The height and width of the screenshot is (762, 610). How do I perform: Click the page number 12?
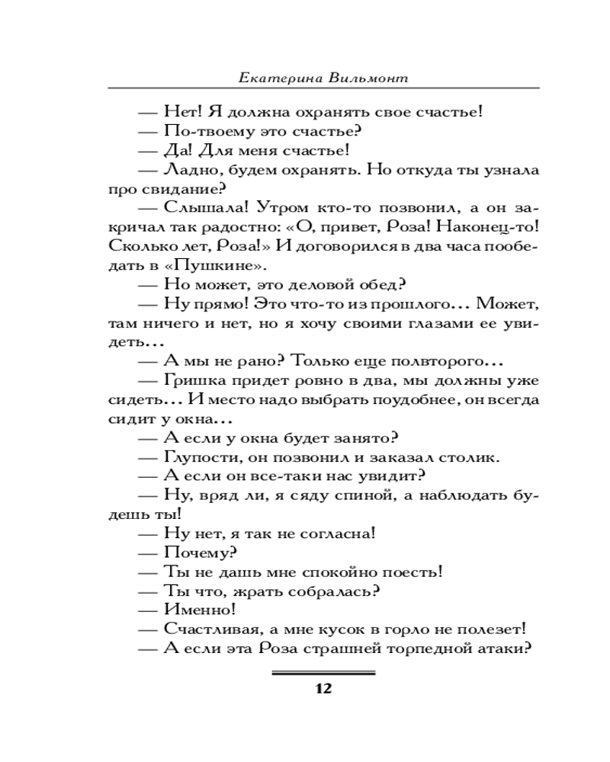coord(323,690)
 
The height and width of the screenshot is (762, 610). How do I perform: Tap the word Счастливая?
coord(207,629)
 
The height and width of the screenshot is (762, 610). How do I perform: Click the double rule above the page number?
coord(323,674)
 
